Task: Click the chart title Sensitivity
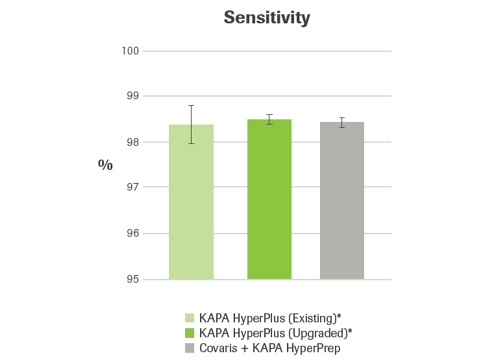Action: point(266,18)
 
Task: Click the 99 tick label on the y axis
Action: point(130,96)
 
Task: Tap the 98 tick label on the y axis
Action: point(130,142)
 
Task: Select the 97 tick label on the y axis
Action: point(130,187)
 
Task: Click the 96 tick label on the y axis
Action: point(130,233)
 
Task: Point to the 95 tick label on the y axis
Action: point(130,279)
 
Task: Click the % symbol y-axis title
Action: point(105,164)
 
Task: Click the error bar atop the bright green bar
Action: point(269,120)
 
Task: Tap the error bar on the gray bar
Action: point(342,122)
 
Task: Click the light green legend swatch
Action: point(190,316)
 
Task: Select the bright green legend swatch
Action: point(190,330)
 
